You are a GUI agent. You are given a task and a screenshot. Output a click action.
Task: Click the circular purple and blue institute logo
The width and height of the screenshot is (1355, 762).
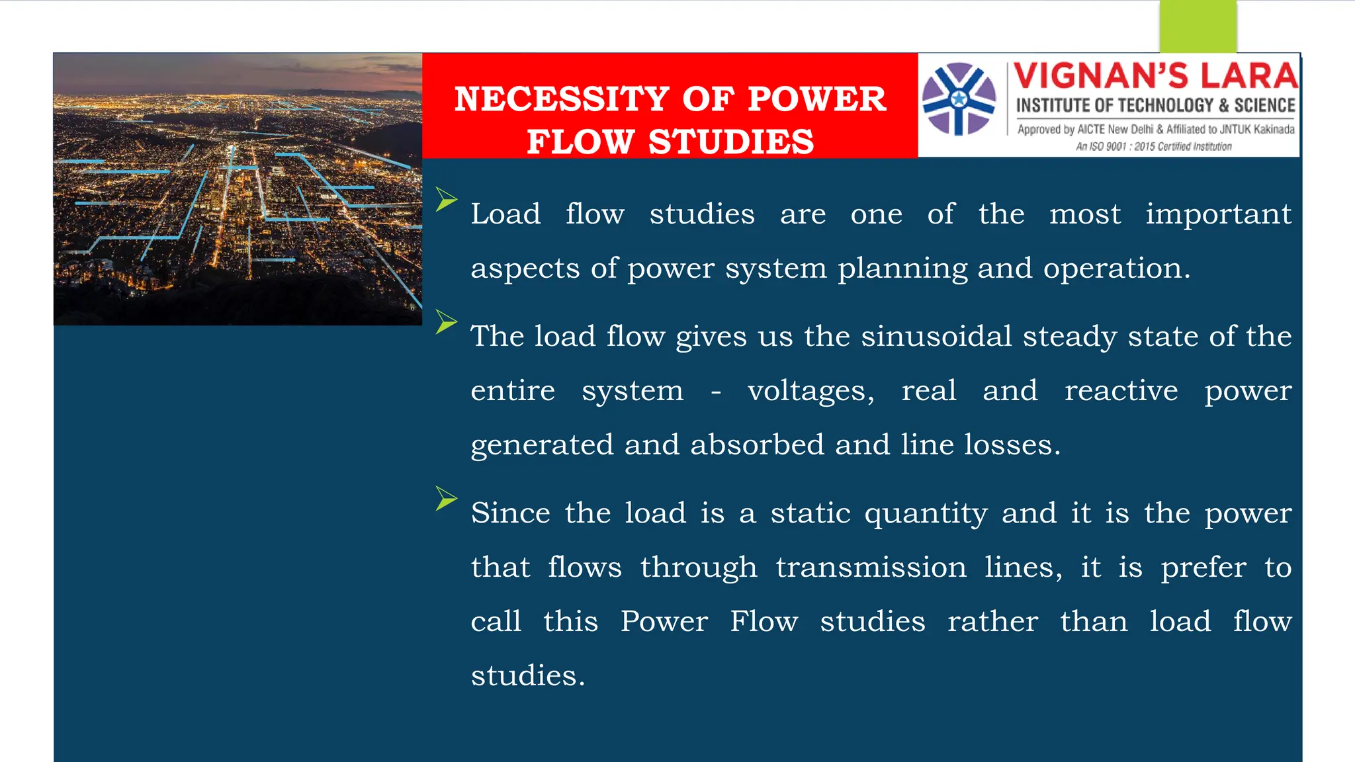point(959,99)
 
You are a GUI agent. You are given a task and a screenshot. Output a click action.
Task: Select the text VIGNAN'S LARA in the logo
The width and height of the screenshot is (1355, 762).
point(1155,76)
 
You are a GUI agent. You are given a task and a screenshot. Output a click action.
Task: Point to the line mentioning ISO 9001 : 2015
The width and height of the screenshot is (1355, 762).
point(1153,147)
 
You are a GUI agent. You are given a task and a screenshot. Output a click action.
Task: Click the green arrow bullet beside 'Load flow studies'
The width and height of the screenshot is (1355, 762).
point(447,199)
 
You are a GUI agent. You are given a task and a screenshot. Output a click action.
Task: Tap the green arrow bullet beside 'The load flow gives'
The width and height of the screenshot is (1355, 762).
point(447,322)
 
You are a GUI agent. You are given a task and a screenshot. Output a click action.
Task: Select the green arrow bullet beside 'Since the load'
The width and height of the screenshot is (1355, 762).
point(447,499)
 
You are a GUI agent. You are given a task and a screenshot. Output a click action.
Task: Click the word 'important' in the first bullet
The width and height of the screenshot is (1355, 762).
point(1218,214)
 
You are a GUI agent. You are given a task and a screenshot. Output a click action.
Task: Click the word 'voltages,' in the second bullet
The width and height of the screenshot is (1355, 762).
point(810,391)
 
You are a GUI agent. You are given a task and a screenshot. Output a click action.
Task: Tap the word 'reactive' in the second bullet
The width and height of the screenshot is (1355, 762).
point(1121,391)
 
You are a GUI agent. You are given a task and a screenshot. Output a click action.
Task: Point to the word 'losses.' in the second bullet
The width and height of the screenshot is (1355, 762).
point(1012,444)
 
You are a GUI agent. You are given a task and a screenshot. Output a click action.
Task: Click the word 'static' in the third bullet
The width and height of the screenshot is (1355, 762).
point(810,513)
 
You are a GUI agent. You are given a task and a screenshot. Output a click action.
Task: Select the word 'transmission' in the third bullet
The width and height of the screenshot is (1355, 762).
point(871,568)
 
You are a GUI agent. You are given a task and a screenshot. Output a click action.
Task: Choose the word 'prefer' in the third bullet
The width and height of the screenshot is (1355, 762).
point(1203,568)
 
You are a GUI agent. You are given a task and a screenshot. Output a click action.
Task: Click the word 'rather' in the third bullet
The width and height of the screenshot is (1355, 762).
point(992,622)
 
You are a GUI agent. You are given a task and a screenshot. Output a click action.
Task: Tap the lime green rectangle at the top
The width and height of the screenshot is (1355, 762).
point(1198,26)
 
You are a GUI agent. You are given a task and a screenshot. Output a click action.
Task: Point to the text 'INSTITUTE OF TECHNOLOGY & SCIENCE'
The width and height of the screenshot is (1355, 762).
point(1155,106)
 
